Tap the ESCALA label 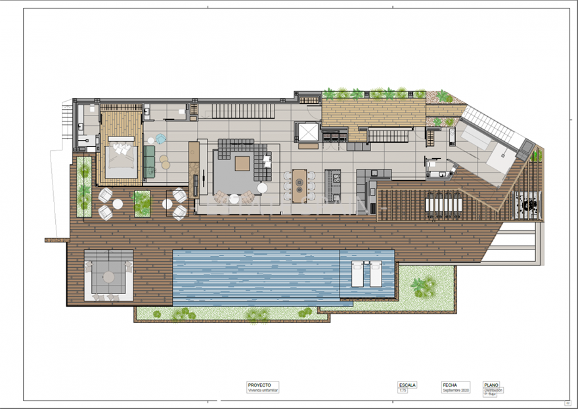[x=407, y=385]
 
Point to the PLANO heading [x=492, y=385]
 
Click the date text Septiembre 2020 [x=455, y=391]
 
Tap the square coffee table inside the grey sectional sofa [x=243, y=163]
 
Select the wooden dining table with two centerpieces [x=299, y=185]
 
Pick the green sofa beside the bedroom [x=149, y=161]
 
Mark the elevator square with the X [x=307, y=131]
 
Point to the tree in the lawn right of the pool [x=422, y=286]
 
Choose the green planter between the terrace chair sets [x=141, y=203]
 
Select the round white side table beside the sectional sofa [x=262, y=188]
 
